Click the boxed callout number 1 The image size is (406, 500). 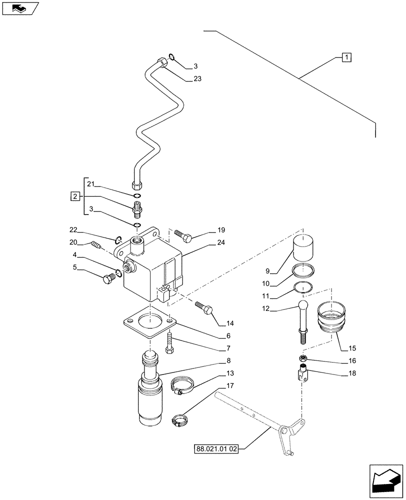tap(346, 57)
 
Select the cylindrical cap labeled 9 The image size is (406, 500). tap(304, 247)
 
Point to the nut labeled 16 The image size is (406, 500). tap(302, 357)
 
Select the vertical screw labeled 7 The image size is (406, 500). tap(170, 343)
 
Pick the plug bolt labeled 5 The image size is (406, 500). tap(107, 279)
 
